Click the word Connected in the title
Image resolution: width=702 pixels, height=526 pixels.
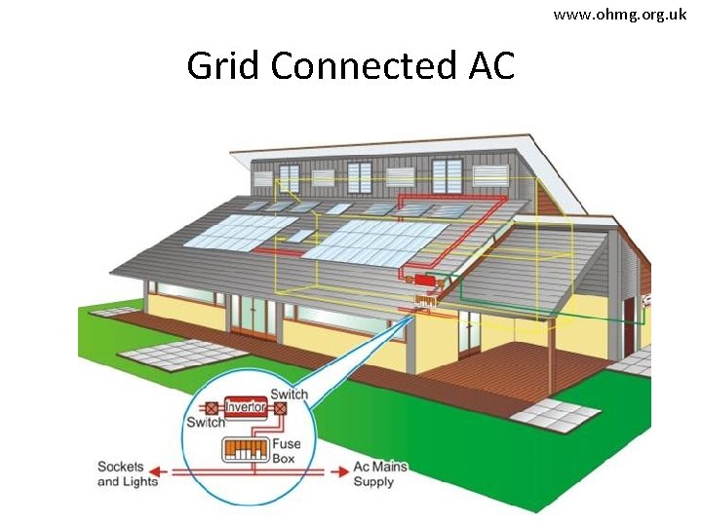362,66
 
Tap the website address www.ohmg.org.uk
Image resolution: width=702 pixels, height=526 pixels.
620,15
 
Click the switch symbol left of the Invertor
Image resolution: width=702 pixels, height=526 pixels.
211,409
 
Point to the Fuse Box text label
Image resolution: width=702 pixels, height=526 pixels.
287,451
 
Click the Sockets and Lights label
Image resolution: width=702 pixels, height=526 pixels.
127,474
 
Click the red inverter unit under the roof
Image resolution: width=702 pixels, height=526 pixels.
425,281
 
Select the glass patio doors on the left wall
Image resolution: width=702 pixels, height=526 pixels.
253,318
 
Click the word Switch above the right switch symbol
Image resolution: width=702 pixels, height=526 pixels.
290,394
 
